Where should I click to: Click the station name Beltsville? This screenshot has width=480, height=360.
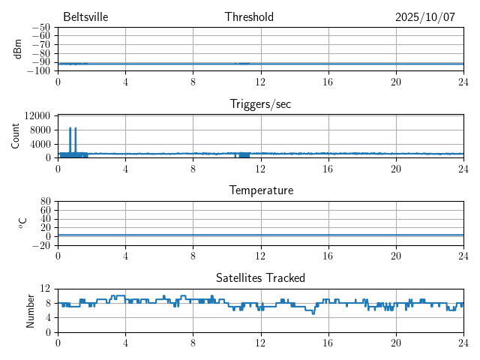(80, 17)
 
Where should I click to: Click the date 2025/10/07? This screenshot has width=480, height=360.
(425, 17)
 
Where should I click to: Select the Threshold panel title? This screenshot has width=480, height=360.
(249, 17)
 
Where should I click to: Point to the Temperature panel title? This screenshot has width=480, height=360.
(261, 190)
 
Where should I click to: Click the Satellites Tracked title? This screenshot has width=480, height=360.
(260, 278)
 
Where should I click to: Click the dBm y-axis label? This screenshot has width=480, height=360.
(18, 49)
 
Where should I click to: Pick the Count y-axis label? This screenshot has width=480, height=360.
(16, 136)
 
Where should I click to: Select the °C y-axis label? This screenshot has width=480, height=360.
(22, 223)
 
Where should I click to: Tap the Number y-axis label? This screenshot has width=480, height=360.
(31, 310)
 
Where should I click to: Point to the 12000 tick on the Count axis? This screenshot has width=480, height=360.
(37, 115)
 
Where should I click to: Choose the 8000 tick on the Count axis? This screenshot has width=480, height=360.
(40, 129)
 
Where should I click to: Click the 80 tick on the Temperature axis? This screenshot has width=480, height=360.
(46, 202)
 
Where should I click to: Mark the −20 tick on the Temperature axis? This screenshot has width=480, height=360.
(41, 245)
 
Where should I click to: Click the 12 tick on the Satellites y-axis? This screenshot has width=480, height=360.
(46, 289)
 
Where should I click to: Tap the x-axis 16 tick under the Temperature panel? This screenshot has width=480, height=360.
(328, 256)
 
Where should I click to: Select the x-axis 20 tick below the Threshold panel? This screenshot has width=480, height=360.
(395, 82)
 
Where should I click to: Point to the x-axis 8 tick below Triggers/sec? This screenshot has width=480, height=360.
(193, 169)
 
